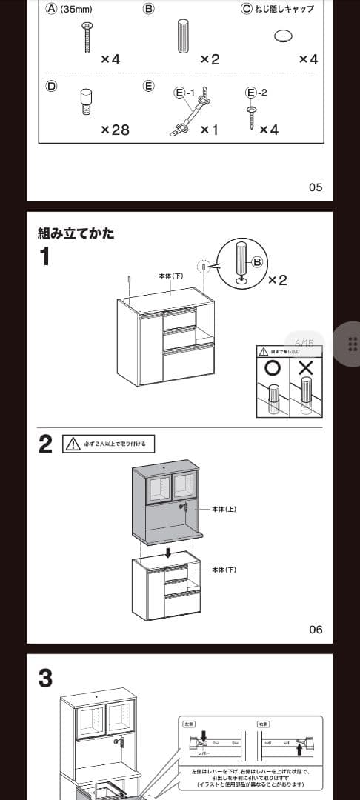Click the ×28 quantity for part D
point(115,130)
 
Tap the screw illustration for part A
point(86,36)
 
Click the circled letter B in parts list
point(148,10)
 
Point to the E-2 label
point(256,93)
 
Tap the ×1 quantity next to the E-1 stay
point(210,130)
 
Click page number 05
point(316,187)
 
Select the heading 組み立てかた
point(76,233)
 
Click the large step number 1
point(46,257)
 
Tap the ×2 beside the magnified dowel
point(277,280)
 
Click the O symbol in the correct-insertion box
point(273,368)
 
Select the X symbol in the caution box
point(305,368)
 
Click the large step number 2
point(46,444)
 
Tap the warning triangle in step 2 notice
point(73,444)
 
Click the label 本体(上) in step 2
point(224,510)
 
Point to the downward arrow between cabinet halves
point(170,553)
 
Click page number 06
point(316,630)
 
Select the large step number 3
point(46,678)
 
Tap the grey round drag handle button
point(353,344)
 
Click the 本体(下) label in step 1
point(171,276)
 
